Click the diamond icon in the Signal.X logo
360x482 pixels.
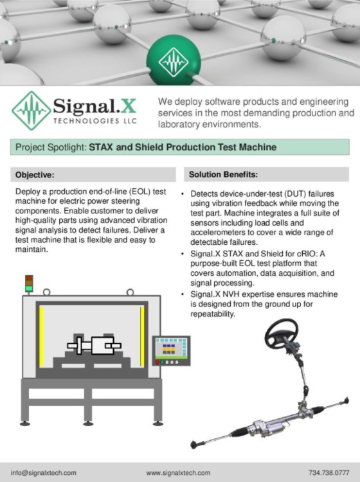30,111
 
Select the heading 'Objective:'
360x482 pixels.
35,175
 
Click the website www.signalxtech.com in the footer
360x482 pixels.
178,472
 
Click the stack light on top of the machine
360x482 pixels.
28,283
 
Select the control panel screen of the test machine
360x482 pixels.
170,347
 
